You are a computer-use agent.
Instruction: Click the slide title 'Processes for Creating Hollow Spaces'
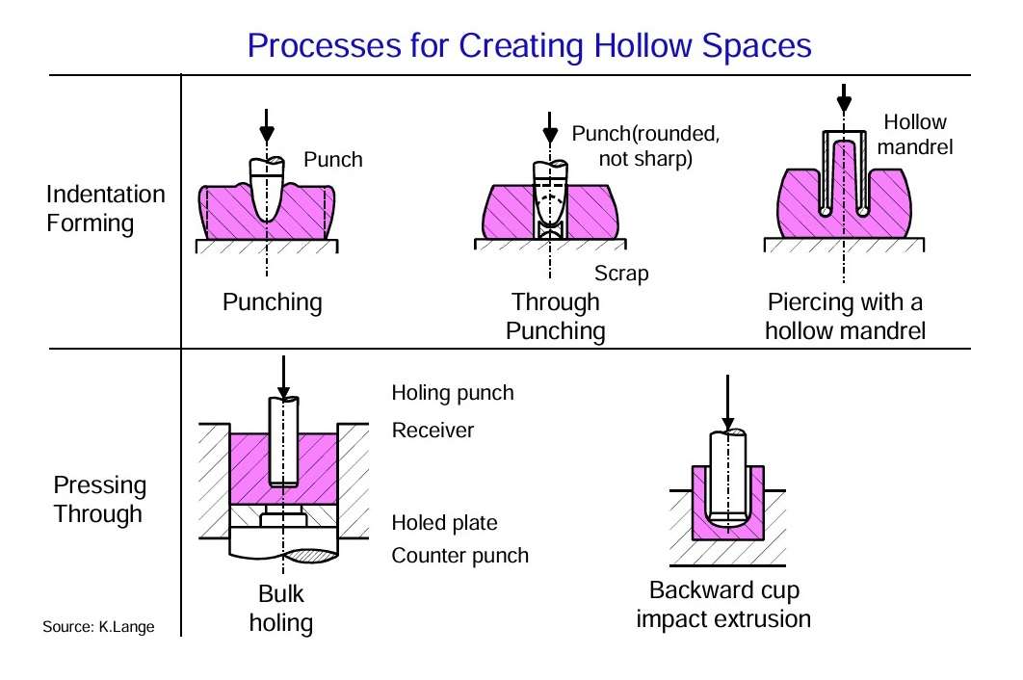[529, 46]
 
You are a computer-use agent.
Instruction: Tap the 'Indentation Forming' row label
[106, 208]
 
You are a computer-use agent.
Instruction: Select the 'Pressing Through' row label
[100, 499]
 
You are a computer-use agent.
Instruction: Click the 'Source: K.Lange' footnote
[98, 626]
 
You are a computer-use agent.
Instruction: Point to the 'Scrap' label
[621, 273]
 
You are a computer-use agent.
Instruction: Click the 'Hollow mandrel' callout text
[915, 135]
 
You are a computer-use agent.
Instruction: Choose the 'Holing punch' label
[453, 393]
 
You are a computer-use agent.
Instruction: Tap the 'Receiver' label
[433, 431]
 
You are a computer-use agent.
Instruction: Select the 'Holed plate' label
[444, 522]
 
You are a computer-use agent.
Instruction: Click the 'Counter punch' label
[459, 556]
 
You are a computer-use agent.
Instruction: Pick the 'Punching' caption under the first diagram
[272, 302]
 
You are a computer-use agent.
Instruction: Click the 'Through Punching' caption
[556, 317]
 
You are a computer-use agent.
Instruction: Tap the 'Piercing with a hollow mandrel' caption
[845, 317]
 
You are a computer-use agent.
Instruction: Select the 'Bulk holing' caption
[281, 608]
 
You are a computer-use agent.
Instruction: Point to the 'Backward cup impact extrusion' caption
[723, 604]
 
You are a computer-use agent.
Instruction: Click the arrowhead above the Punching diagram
[267, 135]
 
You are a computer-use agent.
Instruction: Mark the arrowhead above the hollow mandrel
[844, 103]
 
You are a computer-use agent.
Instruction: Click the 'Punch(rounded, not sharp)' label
[646, 145]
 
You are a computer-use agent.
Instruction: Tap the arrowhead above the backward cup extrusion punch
[728, 424]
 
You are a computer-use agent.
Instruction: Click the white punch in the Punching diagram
[267, 189]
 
